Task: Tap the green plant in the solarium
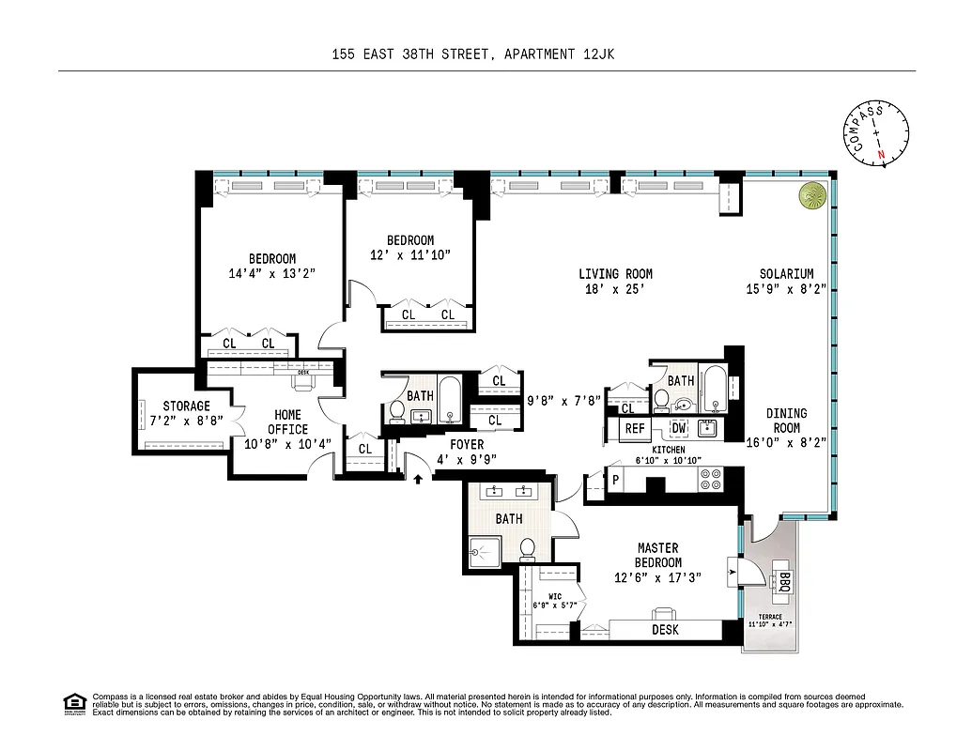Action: tap(811, 195)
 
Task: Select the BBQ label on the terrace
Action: tap(784, 582)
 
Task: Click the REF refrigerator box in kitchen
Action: tap(636, 429)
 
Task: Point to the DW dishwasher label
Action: tap(678, 429)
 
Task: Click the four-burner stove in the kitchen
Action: tap(710, 479)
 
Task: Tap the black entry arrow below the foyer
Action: tap(419, 479)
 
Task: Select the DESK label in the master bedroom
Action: tap(665, 630)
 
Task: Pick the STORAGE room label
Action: tap(186, 406)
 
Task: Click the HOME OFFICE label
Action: tap(287, 422)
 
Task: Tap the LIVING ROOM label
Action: tap(615, 274)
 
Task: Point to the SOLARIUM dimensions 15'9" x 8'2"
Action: tap(788, 289)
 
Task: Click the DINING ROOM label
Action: tap(786, 421)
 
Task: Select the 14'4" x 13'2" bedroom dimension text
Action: tap(271, 274)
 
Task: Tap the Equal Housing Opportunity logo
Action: tap(73, 702)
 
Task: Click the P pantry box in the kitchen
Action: tap(616, 479)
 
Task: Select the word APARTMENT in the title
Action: tap(539, 54)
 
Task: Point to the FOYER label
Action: tap(467, 444)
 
